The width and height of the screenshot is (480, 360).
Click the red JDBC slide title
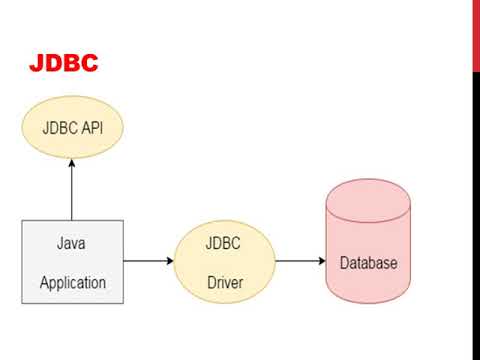tap(63, 63)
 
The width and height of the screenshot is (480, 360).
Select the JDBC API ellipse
tap(73, 127)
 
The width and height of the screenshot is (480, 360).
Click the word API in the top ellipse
tap(92, 128)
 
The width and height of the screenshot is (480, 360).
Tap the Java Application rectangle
tap(73, 262)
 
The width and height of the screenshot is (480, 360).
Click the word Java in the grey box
tap(71, 243)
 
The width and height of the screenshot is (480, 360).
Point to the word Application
tap(73, 283)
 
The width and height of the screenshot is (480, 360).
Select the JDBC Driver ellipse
tap(225, 262)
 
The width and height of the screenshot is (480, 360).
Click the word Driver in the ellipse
tap(225, 283)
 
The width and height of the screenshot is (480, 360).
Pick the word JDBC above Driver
tap(223, 243)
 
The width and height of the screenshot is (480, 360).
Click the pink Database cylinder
tap(368, 241)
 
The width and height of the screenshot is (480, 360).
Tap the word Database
tap(369, 263)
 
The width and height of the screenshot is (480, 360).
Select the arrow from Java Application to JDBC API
tap(72, 190)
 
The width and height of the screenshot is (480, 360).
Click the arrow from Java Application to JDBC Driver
tap(149, 261)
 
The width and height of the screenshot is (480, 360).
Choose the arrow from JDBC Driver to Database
tap(301, 261)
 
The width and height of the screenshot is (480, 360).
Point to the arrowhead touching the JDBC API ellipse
tap(72, 163)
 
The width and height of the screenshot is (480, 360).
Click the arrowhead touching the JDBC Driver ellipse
tap(170, 261)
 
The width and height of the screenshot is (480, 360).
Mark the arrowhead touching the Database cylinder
tap(322, 261)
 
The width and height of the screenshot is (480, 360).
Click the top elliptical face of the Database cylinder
tap(368, 200)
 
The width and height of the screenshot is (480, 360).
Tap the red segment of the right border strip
tap(476, 35)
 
